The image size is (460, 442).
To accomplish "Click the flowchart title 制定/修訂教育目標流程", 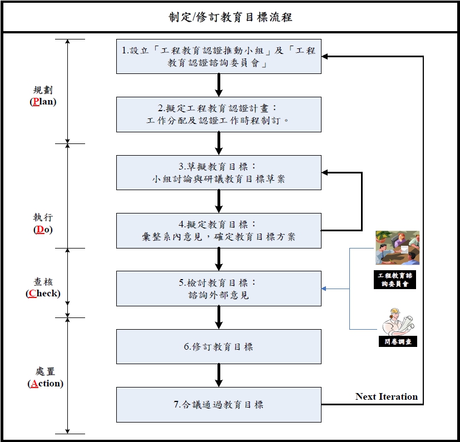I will pos(230,17).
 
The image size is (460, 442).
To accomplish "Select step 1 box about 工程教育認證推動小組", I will pos(219,57).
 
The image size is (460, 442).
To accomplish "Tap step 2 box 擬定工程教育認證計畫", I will pos(219,114).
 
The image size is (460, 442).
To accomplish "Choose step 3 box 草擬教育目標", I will pos(219,172).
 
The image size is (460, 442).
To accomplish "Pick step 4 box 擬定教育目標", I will pos(219,230).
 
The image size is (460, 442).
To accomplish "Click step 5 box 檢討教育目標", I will pos(219,288).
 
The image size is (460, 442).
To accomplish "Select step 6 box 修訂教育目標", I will pos(219,346).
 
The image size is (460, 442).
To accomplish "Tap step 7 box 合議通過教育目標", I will pos(219,404).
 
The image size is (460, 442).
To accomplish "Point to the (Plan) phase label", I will pos(43,102).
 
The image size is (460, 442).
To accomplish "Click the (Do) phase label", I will pos(43,229).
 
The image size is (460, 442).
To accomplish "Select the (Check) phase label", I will pos(43,293).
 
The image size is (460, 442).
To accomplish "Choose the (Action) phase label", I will pos(45,383).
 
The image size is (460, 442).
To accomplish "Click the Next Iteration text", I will pos(387,396).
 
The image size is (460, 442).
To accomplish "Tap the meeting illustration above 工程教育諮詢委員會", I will pos(397,248).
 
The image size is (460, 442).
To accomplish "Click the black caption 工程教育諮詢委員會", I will pos(395,280).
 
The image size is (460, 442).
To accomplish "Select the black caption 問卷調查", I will pos(397,341).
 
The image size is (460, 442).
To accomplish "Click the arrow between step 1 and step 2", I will pos(219,85).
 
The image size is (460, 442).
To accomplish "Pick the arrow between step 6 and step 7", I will pos(219,375).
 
